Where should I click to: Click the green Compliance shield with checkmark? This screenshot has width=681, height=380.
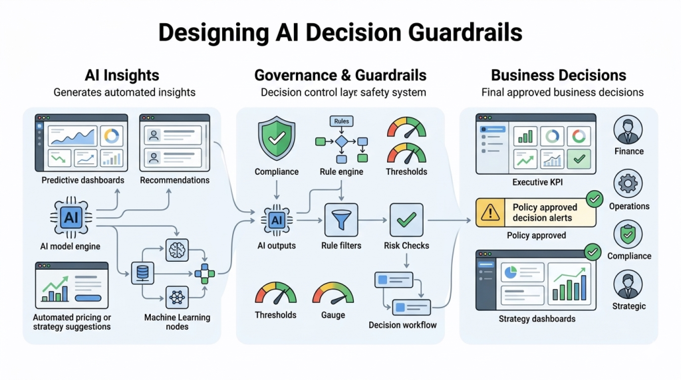(276, 139)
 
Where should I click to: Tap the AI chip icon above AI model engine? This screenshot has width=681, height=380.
(70, 217)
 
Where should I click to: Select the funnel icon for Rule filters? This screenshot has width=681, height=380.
(341, 220)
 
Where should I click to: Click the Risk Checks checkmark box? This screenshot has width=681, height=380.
(406, 220)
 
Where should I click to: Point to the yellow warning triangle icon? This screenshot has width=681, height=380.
(491, 213)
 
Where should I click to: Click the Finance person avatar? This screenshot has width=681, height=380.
(628, 129)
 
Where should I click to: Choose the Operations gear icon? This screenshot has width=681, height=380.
(628, 183)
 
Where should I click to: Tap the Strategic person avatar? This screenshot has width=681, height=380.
(628, 284)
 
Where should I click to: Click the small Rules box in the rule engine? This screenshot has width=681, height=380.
(340, 122)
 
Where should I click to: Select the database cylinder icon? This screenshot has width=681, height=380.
(142, 272)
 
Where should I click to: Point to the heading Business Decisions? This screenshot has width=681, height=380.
(558, 75)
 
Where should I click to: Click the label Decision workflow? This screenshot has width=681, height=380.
(402, 325)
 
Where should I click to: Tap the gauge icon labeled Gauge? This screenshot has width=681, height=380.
(333, 293)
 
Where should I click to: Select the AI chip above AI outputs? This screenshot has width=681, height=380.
(276, 220)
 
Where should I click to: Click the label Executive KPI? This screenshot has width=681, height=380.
(535, 181)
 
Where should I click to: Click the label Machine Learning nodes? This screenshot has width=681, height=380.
(177, 322)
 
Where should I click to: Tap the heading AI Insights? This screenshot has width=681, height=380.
(122, 75)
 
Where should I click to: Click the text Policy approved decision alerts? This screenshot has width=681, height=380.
(545, 213)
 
